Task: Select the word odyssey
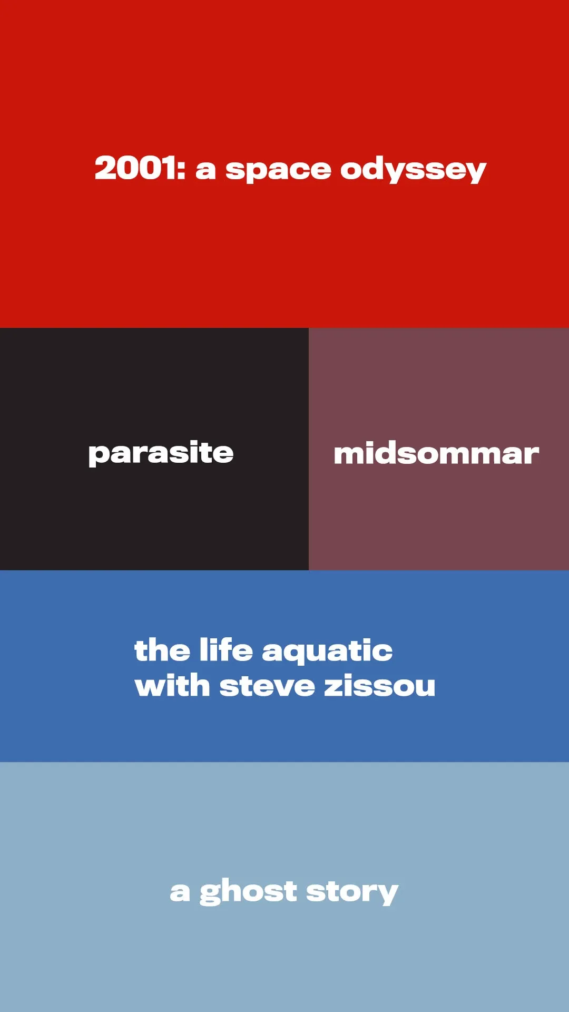[x=413, y=170]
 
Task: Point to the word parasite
[x=161, y=454]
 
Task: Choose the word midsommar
[x=436, y=454]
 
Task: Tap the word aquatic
[x=327, y=651]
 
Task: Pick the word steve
[x=267, y=686]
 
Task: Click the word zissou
[x=380, y=685]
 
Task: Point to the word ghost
[x=248, y=892]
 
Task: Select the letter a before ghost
[x=180, y=892]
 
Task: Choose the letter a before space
[x=206, y=170]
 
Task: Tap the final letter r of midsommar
[x=531, y=455]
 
